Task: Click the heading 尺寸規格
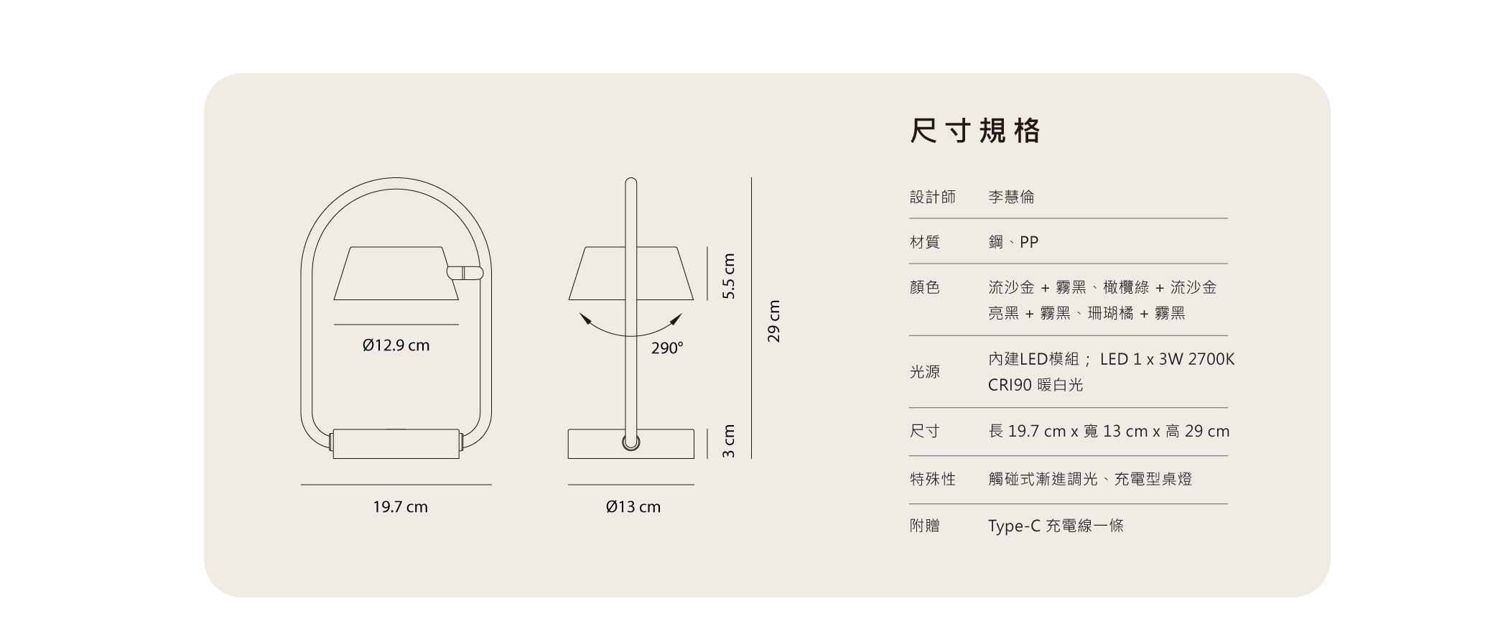974,131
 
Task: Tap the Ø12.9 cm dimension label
396,345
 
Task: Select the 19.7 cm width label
400,507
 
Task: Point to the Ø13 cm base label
633,507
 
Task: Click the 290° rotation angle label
667,348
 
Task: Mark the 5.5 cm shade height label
729,276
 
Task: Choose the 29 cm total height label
773,321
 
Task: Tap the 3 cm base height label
729,442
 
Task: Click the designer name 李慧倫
1011,197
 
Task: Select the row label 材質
925,242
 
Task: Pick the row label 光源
925,372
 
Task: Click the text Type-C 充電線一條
1056,526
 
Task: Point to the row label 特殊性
933,479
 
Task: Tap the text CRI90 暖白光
1035,385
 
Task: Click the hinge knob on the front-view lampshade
465,273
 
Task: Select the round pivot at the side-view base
630,442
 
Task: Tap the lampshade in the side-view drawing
600,274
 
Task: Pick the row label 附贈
925,526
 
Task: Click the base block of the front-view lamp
396,444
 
